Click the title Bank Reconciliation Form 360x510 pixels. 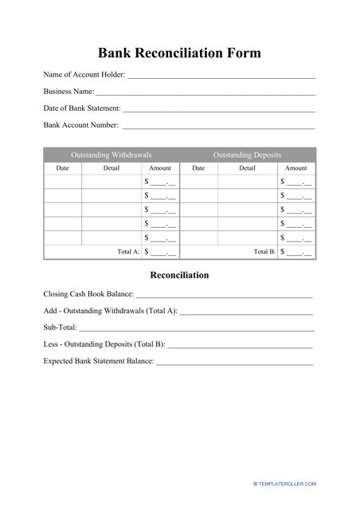point(179,53)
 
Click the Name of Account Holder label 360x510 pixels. point(84,76)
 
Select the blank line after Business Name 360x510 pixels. point(205,92)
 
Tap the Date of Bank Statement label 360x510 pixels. point(82,108)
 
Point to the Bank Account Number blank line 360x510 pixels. point(219,125)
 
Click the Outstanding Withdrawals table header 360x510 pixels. point(112,155)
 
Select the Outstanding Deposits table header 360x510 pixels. point(247,155)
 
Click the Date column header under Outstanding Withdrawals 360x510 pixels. point(62,168)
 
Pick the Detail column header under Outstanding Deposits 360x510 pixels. point(248,168)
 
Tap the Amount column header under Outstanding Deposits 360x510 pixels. point(295,168)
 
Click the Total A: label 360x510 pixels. point(128,251)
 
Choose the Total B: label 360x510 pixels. point(264,251)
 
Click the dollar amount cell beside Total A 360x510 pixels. point(160,252)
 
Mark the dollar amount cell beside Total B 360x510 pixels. point(295,252)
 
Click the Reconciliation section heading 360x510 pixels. point(179,275)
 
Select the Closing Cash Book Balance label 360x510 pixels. point(88,294)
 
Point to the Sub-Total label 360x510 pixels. point(60,328)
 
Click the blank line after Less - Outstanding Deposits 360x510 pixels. point(241,345)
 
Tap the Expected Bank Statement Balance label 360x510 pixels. point(99,361)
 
